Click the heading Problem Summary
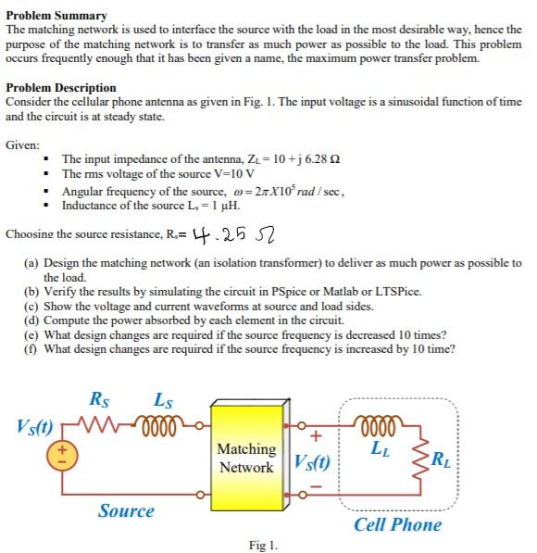[56, 16]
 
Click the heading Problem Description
[61, 88]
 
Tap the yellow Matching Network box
[245, 459]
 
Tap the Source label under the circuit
[126, 510]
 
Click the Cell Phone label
[397, 524]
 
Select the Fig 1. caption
[263, 545]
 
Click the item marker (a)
[31, 263]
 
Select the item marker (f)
[31, 349]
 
